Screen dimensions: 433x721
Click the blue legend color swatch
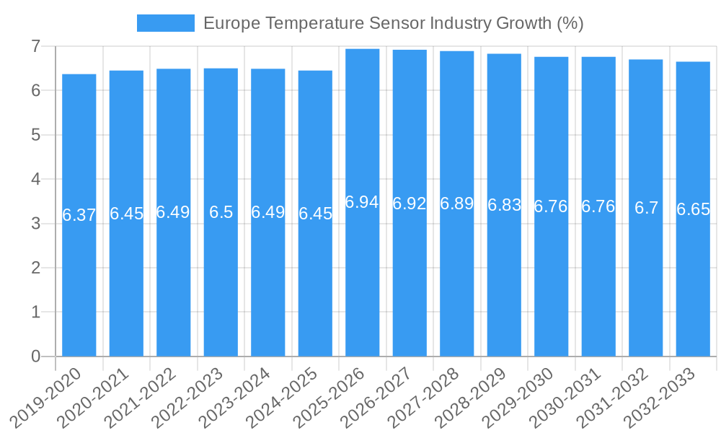click(x=165, y=23)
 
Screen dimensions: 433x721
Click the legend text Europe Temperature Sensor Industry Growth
click(x=393, y=23)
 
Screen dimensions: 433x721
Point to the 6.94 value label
click(x=362, y=202)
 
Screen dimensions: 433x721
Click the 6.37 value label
click(x=79, y=215)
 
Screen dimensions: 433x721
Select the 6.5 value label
click(x=221, y=212)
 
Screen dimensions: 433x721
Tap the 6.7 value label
click(x=646, y=208)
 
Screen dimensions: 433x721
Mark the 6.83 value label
click(x=504, y=205)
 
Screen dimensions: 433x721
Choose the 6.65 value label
click(x=693, y=209)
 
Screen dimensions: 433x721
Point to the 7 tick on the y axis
click(x=35, y=46)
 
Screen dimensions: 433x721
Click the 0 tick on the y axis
click(x=35, y=357)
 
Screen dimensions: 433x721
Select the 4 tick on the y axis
click(x=35, y=179)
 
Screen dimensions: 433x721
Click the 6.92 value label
click(x=410, y=204)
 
